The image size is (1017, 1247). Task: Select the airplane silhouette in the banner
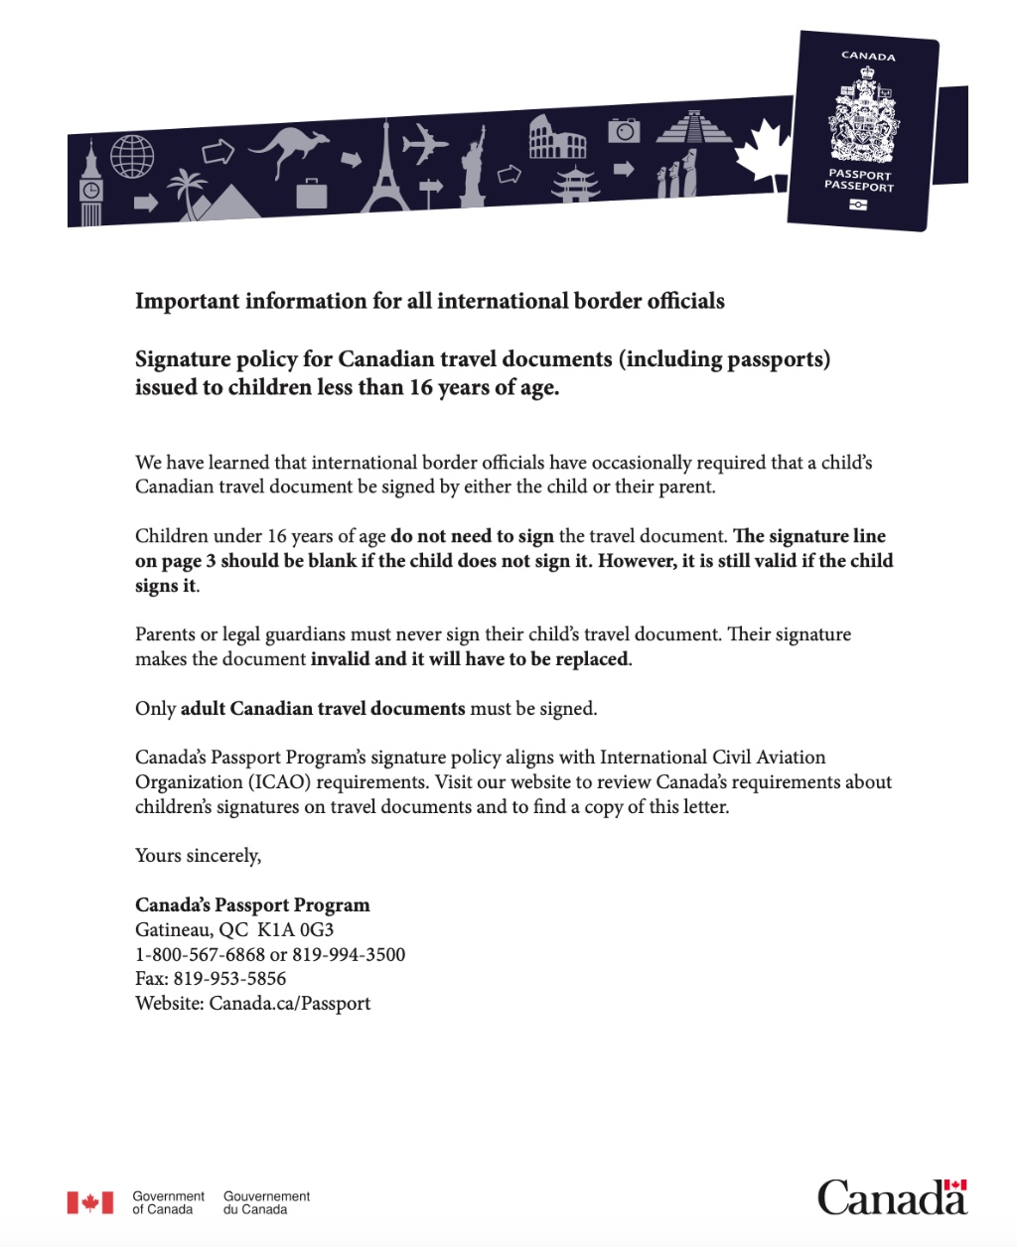pos(426,144)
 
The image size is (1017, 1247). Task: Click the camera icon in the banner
pos(624,130)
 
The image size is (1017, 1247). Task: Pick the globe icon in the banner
pos(132,156)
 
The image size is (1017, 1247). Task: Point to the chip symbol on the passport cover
pos(858,205)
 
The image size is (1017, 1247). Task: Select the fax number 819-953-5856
pos(229,979)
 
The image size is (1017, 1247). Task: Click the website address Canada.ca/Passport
pos(289,1004)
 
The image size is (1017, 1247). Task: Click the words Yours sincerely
pos(198,856)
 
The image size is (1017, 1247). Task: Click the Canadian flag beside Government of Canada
pos(90,1203)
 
